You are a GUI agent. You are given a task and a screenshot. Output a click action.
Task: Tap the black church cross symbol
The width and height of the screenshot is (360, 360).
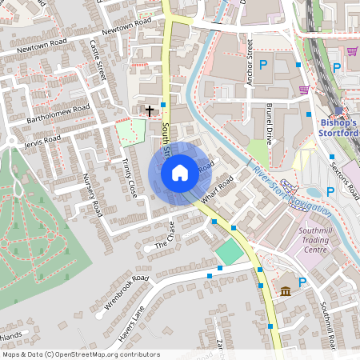(x=150, y=109)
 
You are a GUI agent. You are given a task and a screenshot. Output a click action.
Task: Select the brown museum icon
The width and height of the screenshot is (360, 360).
(x=285, y=290)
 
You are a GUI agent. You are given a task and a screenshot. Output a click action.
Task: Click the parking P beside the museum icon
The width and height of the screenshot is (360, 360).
(x=302, y=282)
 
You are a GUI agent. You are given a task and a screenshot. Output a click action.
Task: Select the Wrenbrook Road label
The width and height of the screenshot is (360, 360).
(x=126, y=293)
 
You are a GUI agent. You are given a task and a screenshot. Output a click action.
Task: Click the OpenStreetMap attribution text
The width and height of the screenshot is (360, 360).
(x=81, y=354)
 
